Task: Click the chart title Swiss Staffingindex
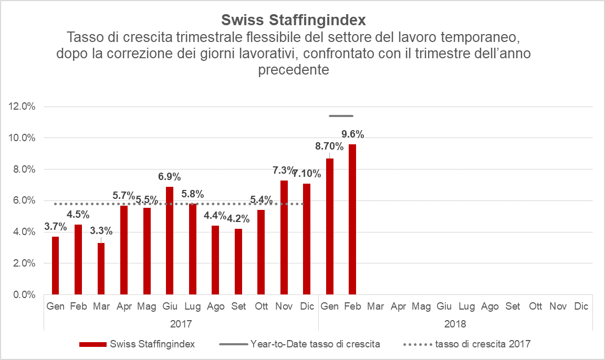click(x=294, y=20)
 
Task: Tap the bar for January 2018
click(x=330, y=226)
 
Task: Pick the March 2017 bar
click(x=101, y=268)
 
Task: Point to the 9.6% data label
click(x=352, y=134)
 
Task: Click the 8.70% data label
click(x=329, y=146)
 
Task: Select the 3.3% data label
click(x=101, y=230)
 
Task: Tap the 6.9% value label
click(x=170, y=176)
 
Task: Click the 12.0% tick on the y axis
click(x=22, y=107)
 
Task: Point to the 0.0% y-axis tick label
click(x=23, y=295)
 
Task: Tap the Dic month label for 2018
click(x=581, y=306)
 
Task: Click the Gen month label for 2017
click(x=55, y=306)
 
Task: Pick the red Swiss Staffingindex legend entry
click(x=137, y=344)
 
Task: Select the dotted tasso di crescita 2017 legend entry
click(x=467, y=344)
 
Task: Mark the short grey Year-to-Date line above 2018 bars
click(x=341, y=116)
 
